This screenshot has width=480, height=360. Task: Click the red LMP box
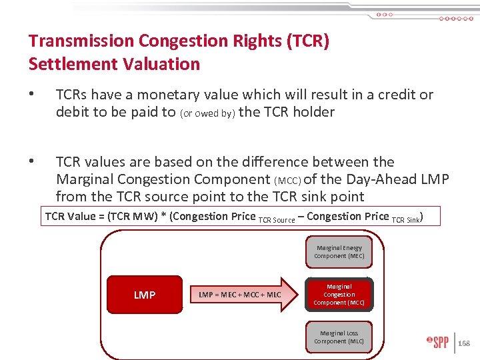(x=145, y=295)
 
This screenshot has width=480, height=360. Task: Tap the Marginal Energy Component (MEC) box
(x=339, y=252)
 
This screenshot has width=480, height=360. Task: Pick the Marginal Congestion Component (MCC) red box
(x=339, y=295)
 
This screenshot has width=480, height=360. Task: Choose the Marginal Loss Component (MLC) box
(x=339, y=337)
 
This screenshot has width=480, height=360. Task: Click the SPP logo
(x=437, y=343)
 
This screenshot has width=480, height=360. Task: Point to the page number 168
(x=465, y=343)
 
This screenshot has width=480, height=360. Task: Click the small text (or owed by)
(x=207, y=113)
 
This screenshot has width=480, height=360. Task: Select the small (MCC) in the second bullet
(x=288, y=180)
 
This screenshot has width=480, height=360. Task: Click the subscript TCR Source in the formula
(x=276, y=219)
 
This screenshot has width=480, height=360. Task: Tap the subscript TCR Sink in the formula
(x=405, y=219)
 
